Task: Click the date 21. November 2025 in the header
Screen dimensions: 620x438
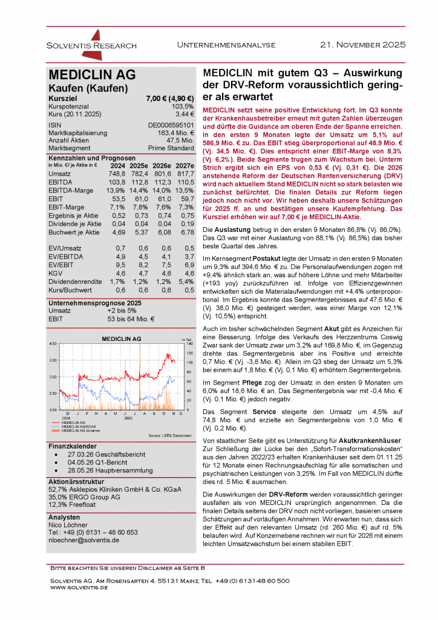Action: click(363, 45)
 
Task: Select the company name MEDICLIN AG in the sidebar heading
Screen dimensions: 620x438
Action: click(92, 75)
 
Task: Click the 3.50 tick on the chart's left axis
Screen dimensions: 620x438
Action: click(53, 360)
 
